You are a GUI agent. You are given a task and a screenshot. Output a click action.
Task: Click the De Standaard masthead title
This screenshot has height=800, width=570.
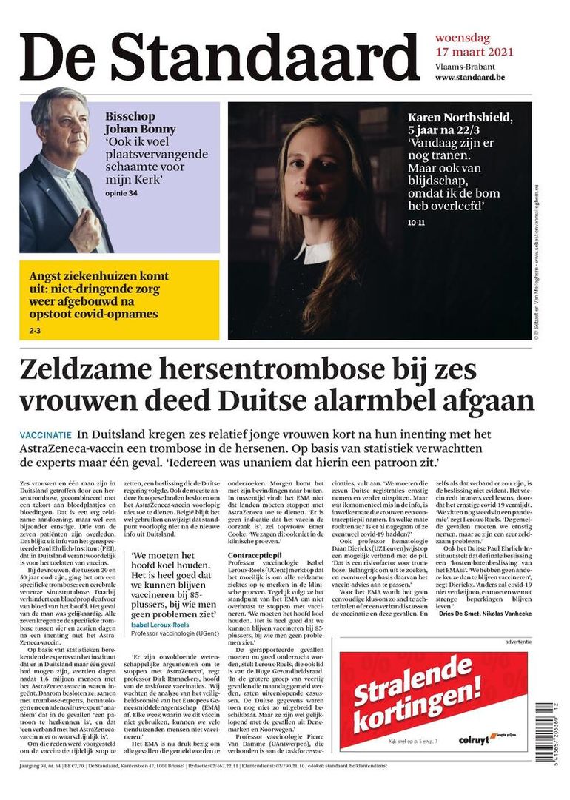[x=220, y=58]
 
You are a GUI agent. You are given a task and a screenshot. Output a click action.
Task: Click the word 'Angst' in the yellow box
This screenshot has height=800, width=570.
[x=48, y=276]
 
